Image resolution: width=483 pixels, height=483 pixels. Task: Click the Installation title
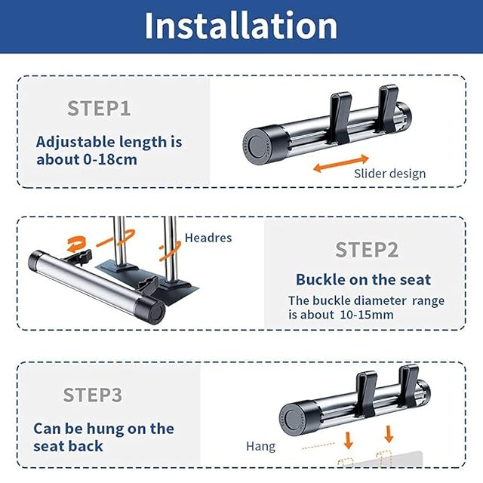(241, 26)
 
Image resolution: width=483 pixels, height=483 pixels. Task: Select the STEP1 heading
(99, 109)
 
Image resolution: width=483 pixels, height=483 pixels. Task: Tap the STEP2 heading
(367, 250)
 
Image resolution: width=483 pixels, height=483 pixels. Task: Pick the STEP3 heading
(92, 395)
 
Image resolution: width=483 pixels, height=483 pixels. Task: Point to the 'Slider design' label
(390, 174)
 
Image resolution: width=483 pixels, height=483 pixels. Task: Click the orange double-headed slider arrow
(341, 163)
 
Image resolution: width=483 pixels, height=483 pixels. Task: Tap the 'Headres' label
(208, 238)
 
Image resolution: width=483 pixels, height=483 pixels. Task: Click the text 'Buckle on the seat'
(363, 280)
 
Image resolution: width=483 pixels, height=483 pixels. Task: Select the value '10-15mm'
(367, 315)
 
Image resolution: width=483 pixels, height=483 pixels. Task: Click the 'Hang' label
(260, 446)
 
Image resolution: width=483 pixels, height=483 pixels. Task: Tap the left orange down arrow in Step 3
(349, 440)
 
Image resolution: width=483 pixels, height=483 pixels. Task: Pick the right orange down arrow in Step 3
(389, 434)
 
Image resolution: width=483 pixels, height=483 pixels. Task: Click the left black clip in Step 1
(340, 118)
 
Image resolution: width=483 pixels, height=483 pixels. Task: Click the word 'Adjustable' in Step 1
(75, 143)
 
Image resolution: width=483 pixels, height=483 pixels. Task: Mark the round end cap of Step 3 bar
(291, 419)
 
